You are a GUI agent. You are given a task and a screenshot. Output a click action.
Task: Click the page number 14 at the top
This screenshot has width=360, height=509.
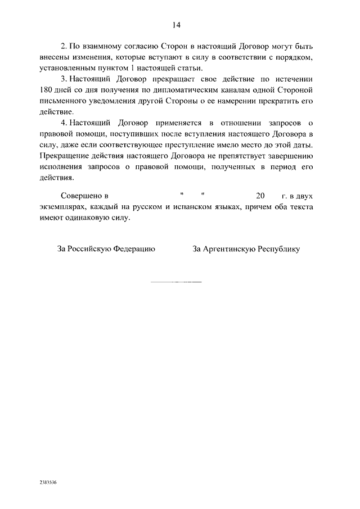176,25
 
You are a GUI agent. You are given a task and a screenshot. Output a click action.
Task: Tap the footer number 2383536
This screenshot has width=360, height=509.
49,483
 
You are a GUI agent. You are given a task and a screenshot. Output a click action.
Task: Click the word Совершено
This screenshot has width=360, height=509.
83,196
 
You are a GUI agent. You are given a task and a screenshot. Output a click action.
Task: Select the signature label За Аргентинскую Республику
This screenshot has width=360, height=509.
246,249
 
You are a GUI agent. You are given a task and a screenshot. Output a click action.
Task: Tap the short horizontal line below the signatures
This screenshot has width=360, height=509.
176,280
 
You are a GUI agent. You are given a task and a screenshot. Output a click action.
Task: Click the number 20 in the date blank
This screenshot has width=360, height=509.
259,196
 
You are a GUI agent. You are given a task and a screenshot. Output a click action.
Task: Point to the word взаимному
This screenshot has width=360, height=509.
103,46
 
